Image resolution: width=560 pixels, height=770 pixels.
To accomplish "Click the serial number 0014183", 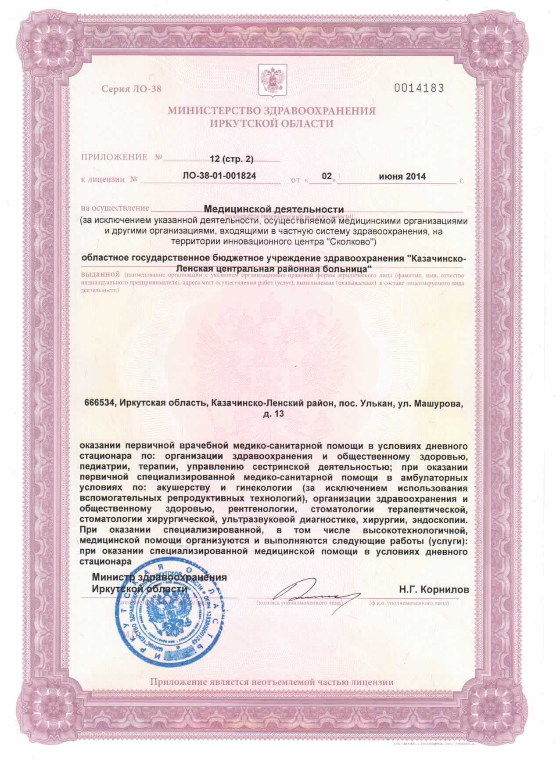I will pyautogui.click(x=419, y=88).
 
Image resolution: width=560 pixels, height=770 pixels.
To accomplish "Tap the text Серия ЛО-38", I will pyautogui.click(x=132, y=90).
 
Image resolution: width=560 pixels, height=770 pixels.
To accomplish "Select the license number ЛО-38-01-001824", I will pyautogui.click(x=219, y=176).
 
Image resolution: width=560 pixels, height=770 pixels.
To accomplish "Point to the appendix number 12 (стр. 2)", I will pyautogui.click(x=232, y=158).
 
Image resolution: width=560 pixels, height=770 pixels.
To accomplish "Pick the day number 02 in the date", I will pyautogui.click(x=327, y=176).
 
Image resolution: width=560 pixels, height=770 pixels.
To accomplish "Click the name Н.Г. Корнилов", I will pyautogui.click(x=434, y=589).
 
